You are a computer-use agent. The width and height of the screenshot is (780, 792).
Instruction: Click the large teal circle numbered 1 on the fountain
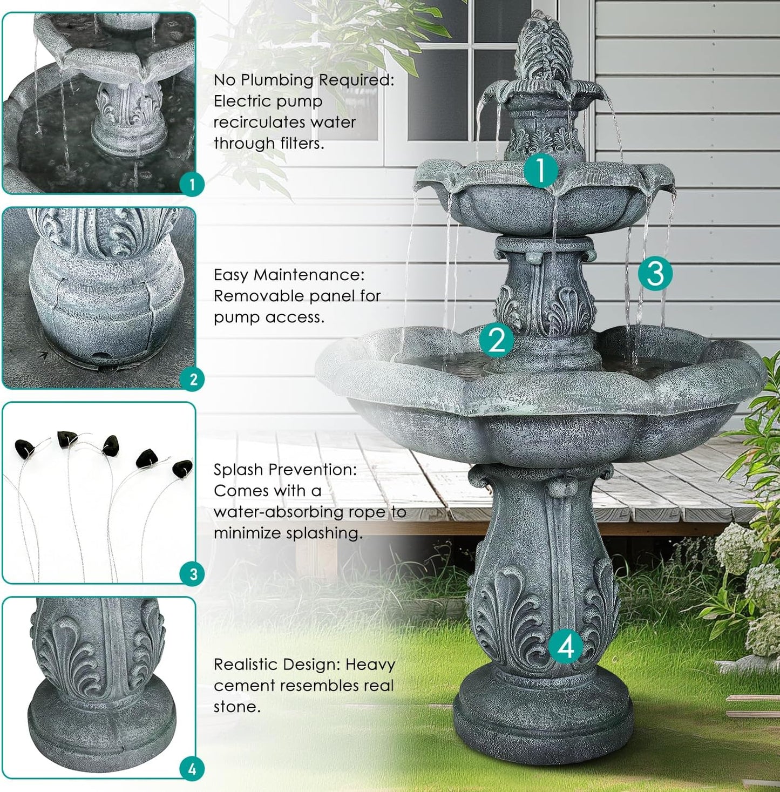(x=541, y=170)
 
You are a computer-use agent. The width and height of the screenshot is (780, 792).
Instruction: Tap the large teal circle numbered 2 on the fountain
(x=497, y=340)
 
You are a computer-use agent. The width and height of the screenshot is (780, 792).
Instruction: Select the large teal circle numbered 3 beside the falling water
(x=655, y=273)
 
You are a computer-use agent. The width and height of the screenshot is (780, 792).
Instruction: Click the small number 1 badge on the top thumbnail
(x=192, y=185)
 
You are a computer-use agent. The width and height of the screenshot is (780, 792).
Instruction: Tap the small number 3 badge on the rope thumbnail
(x=193, y=574)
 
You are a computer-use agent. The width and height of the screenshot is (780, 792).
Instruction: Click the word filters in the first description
(x=301, y=144)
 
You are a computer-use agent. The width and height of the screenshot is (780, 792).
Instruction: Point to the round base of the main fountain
(x=542, y=718)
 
